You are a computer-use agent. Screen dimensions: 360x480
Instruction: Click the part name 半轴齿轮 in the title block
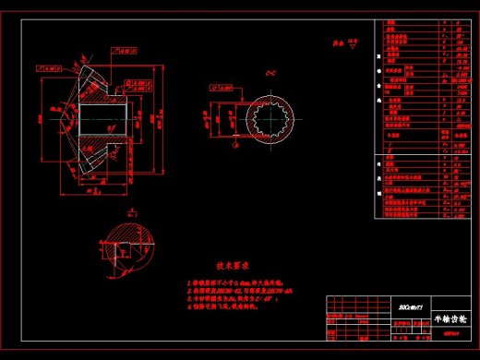450,318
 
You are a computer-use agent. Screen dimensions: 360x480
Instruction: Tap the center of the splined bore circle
274,121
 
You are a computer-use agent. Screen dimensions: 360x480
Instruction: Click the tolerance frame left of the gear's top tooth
45,67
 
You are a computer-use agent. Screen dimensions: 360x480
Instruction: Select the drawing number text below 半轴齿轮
450,333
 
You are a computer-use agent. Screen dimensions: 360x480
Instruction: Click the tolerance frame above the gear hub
125,54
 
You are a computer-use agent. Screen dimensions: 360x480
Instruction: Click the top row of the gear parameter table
426,22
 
